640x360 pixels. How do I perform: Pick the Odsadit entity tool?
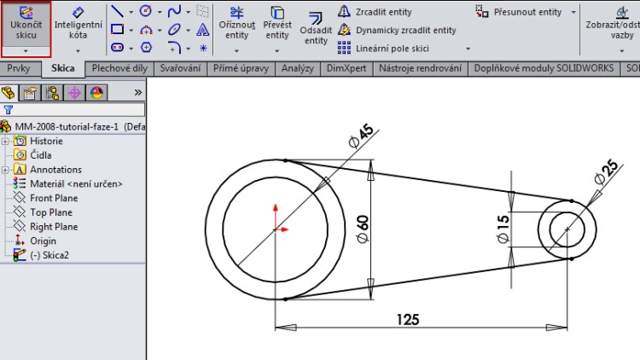click(315, 27)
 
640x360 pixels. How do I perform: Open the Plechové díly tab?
click(119, 68)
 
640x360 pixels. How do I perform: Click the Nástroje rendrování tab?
click(421, 68)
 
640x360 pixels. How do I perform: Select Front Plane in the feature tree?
click(54, 198)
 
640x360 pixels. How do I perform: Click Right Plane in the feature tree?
click(54, 227)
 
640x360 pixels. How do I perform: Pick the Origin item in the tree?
click(43, 241)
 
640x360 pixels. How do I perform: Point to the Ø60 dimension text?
click(361, 230)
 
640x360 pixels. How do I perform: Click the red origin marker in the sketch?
click(274, 229)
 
